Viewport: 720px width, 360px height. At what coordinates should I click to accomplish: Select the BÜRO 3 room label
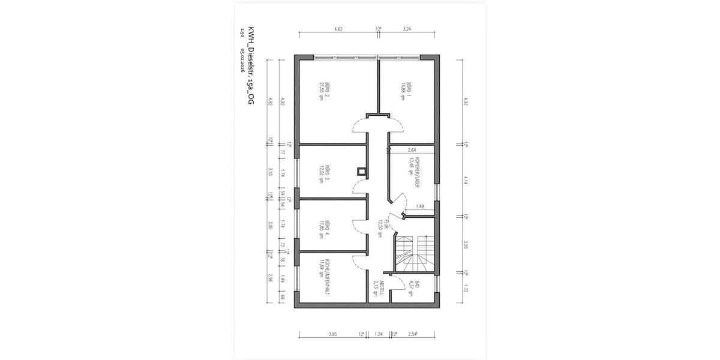point(324,172)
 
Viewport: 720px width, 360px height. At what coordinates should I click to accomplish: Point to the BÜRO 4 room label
point(324,229)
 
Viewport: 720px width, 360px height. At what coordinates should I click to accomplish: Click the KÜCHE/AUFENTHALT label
point(325,275)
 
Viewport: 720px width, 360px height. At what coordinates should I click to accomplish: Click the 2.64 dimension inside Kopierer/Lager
point(412,150)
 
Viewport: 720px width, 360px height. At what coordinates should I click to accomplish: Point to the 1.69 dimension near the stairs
point(420,207)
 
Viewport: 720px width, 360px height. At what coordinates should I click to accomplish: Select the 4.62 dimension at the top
point(338,28)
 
